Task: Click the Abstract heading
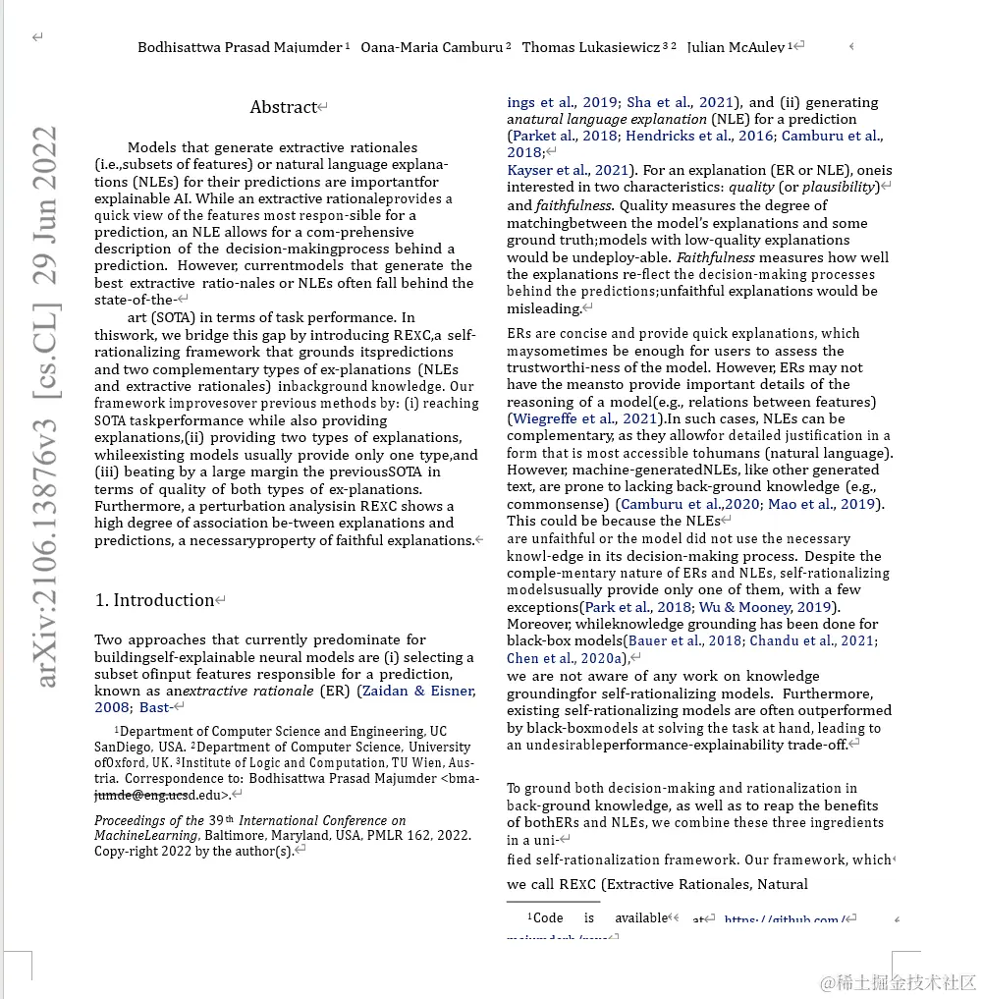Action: coord(284,107)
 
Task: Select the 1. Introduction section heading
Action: coord(154,600)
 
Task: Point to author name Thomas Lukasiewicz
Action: coord(590,47)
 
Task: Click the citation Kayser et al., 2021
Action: coord(568,170)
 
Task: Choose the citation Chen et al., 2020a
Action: coord(565,658)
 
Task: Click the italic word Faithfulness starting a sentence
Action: coord(715,257)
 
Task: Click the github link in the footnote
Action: coord(782,919)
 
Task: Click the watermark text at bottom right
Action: coord(898,982)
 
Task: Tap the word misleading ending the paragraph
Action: coord(544,308)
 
